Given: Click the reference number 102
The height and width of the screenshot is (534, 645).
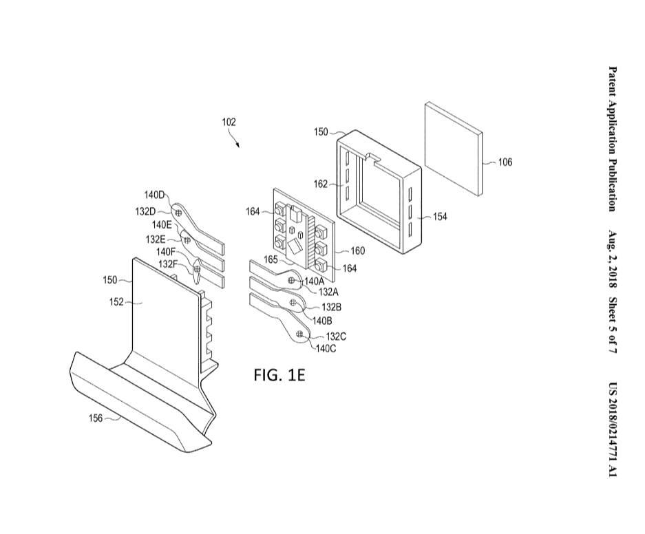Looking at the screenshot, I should click(229, 122).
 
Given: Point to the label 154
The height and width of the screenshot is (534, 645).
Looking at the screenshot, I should click(440, 216).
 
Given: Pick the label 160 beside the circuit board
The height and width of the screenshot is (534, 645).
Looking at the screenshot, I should click(358, 250).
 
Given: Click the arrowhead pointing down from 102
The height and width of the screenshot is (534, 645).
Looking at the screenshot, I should click(238, 145).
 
